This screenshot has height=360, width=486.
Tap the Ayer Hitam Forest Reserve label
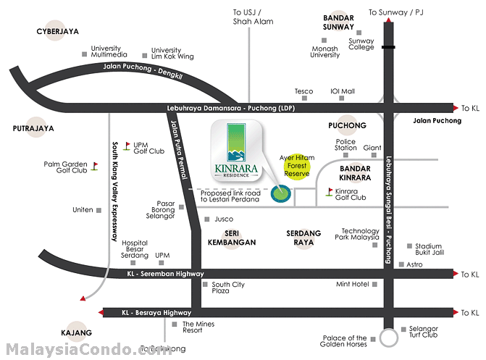pyautogui.click(x=295, y=165)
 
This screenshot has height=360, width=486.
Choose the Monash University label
pyautogui.click(x=324, y=51)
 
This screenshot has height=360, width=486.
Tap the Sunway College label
pyautogui.click(x=361, y=45)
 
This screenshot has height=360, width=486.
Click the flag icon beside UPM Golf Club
pyautogui.click(x=127, y=146)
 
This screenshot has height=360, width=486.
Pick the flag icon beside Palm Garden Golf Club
pyautogui.click(x=94, y=166)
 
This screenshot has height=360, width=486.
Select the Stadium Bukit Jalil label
pyautogui.click(x=427, y=249)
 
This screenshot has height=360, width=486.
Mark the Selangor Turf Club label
pyautogui.click(x=423, y=331)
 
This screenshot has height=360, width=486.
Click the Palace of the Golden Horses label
pyautogui.click(x=345, y=341)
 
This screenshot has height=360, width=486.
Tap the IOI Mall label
pyautogui.click(x=343, y=91)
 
